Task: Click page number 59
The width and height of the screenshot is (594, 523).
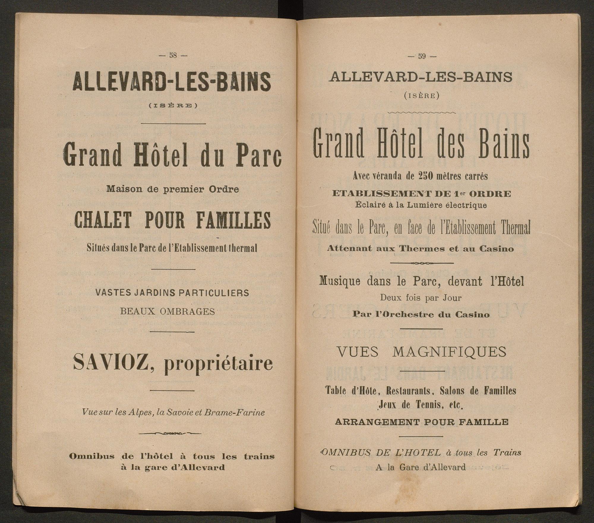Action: pos(422,56)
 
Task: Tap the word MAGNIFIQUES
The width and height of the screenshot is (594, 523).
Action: pos(450,352)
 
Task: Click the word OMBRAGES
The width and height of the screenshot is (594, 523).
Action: pos(187,311)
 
